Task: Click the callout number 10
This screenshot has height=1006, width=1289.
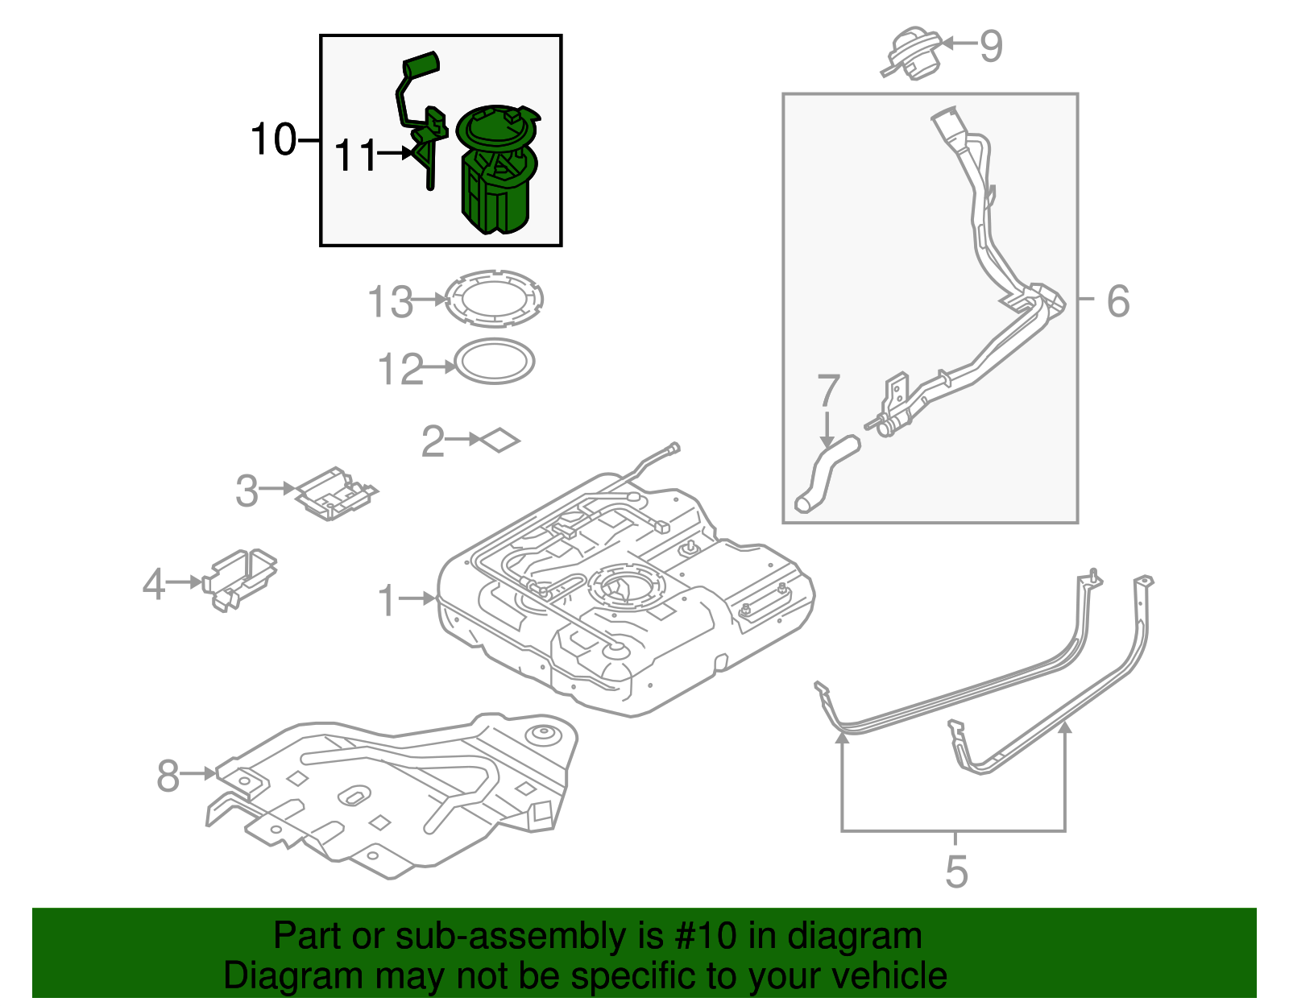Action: click(x=274, y=139)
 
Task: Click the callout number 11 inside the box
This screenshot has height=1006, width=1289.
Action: click(x=355, y=155)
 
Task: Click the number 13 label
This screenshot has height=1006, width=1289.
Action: click(x=390, y=302)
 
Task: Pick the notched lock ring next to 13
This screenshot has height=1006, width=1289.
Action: click(x=494, y=299)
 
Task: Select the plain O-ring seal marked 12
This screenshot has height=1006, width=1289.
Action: click(x=495, y=362)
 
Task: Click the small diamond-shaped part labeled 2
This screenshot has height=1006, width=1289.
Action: click(x=500, y=440)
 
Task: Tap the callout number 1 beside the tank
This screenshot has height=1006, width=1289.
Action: click(x=388, y=601)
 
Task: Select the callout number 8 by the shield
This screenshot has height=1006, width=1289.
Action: click(x=168, y=776)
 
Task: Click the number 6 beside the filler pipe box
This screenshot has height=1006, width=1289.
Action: click(x=1118, y=301)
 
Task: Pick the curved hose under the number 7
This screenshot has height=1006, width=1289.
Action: click(x=825, y=476)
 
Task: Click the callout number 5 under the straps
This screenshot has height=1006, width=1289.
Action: click(x=955, y=871)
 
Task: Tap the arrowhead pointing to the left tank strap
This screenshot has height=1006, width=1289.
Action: click(x=843, y=735)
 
